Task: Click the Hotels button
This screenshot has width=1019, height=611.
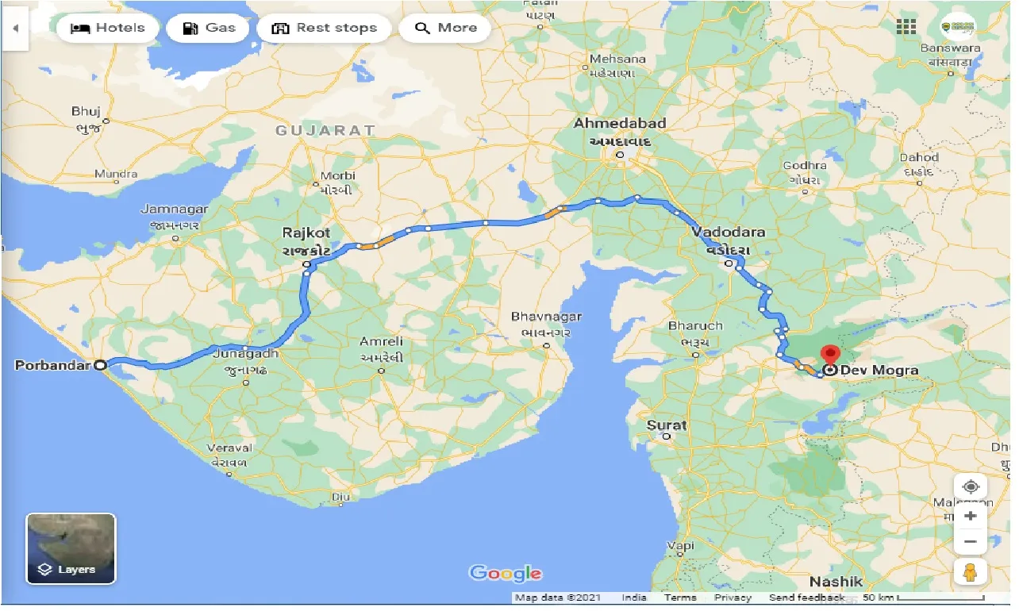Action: (107, 29)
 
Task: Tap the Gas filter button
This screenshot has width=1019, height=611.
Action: (208, 29)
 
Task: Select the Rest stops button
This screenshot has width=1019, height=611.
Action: (324, 29)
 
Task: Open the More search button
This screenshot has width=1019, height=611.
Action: (445, 29)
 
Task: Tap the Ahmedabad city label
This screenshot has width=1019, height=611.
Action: (620, 124)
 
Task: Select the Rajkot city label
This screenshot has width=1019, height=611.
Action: (306, 233)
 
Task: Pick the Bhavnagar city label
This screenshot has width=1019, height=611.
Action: (546, 317)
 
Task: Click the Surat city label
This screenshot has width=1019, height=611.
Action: (667, 425)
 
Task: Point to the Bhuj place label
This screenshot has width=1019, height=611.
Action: (86, 112)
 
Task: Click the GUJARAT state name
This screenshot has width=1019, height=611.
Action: (325, 130)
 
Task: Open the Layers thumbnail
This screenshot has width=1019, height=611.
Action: (71, 548)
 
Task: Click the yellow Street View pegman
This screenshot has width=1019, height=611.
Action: (970, 571)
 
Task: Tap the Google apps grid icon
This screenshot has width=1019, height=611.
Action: (906, 27)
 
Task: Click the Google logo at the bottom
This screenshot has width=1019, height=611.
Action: (506, 573)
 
